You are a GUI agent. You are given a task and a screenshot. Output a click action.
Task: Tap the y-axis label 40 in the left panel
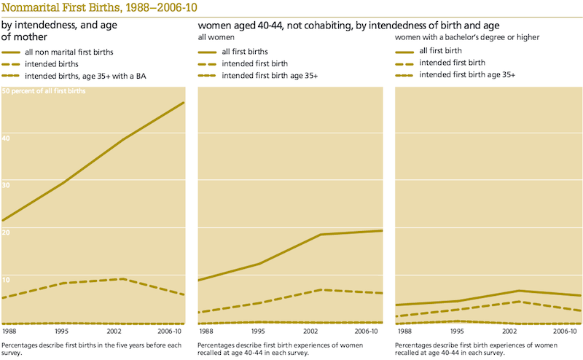(x=7, y=136)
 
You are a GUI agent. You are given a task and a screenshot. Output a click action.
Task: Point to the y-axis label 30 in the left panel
(x=7, y=184)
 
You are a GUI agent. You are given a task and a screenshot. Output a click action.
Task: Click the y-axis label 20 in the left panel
(x=7, y=231)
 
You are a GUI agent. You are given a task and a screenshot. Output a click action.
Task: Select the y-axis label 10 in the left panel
(x=7, y=278)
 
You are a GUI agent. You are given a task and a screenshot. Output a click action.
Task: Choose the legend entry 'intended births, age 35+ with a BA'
(x=86, y=76)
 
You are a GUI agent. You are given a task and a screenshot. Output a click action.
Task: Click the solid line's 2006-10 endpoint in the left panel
(x=184, y=103)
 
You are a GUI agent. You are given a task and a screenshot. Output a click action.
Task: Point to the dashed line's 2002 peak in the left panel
(x=122, y=279)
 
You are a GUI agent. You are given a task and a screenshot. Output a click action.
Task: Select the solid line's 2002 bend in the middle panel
(x=321, y=235)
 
